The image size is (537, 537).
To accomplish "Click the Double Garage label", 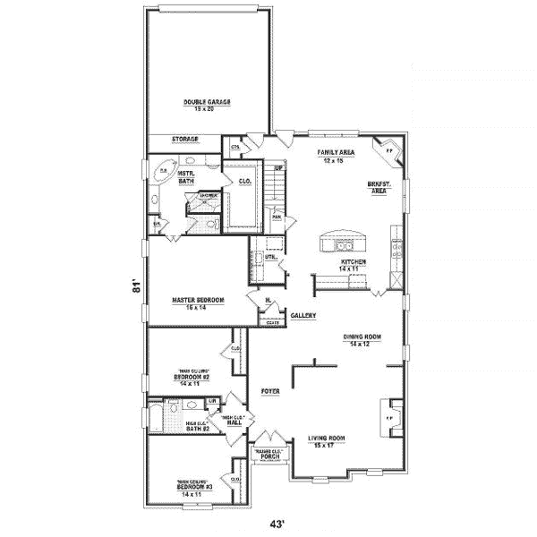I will tap(208, 103).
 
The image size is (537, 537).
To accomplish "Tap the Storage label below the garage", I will tap(185, 140).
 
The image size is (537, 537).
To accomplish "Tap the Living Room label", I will tap(327, 439).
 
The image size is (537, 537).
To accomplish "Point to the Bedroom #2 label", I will tap(194, 379).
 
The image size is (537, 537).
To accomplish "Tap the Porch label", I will tap(271, 456).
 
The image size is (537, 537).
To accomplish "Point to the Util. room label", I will tap(269, 257).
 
